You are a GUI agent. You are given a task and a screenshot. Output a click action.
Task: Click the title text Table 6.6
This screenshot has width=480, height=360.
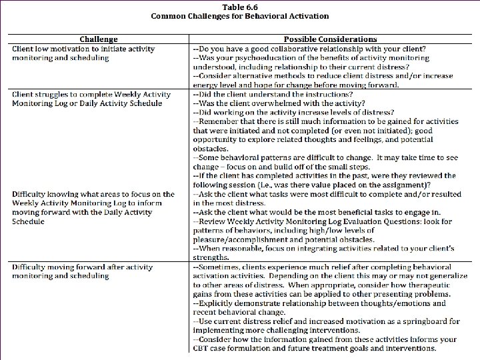pos(239,7)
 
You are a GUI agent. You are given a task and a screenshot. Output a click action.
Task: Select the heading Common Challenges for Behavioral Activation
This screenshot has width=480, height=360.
pos(239,16)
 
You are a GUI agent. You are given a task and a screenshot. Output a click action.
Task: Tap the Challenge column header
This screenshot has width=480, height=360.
pos(98,40)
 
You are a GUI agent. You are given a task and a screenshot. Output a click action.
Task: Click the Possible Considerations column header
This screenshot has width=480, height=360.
pos(330,40)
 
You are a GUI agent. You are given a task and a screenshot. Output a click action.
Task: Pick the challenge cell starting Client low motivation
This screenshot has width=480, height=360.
pos(83,53)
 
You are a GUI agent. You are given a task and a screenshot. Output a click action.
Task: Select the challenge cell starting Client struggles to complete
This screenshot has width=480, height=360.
pos(87,99)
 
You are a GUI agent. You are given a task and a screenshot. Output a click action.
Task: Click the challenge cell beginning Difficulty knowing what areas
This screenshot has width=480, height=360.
pos(93,207)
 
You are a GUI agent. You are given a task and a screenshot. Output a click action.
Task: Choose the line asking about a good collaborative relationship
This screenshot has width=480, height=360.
pos(309,49)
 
